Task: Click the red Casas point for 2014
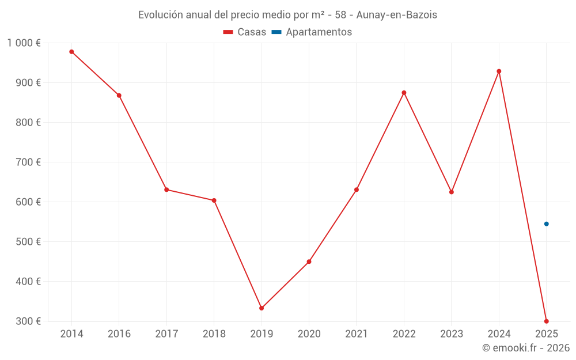[x=71, y=52]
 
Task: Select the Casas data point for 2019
[x=262, y=308]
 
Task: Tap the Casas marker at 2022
[x=404, y=93]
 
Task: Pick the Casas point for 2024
[x=499, y=71]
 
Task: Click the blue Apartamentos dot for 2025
[x=547, y=224]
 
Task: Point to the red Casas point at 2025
[x=546, y=321]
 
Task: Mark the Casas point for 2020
[x=309, y=262]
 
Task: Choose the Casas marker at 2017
[x=166, y=190]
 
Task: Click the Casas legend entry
[x=245, y=32]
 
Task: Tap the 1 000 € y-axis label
[x=24, y=43]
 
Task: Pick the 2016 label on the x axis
[x=119, y=334]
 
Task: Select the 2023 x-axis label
[x=451, y=334]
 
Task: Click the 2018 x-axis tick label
[x=214, y=334]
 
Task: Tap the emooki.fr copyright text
[x=526, y=348]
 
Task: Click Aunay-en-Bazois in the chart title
[x=397, y=15]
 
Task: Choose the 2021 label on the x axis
[x=356, y=334]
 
